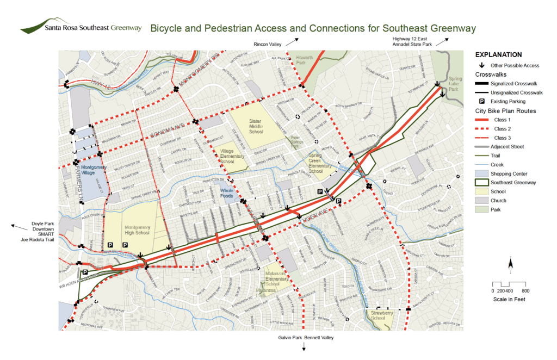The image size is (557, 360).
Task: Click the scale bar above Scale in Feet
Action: [509, 284]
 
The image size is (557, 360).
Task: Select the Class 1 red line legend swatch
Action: [481, 120]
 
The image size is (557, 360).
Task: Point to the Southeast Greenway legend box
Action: [481, 183]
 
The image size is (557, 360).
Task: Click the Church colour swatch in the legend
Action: [481, 200]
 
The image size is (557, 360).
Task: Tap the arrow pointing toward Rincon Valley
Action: [296, 41]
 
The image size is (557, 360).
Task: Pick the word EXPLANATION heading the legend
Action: [499, 55]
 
